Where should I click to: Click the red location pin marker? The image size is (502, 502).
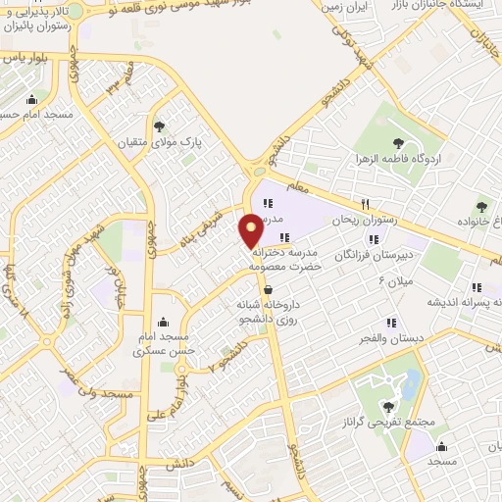point(251,231)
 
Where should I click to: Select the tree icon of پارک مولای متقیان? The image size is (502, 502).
point(160,125)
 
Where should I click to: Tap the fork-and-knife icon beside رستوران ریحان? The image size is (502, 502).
point(365,204)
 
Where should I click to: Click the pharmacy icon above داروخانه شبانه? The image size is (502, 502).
point(268,289)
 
